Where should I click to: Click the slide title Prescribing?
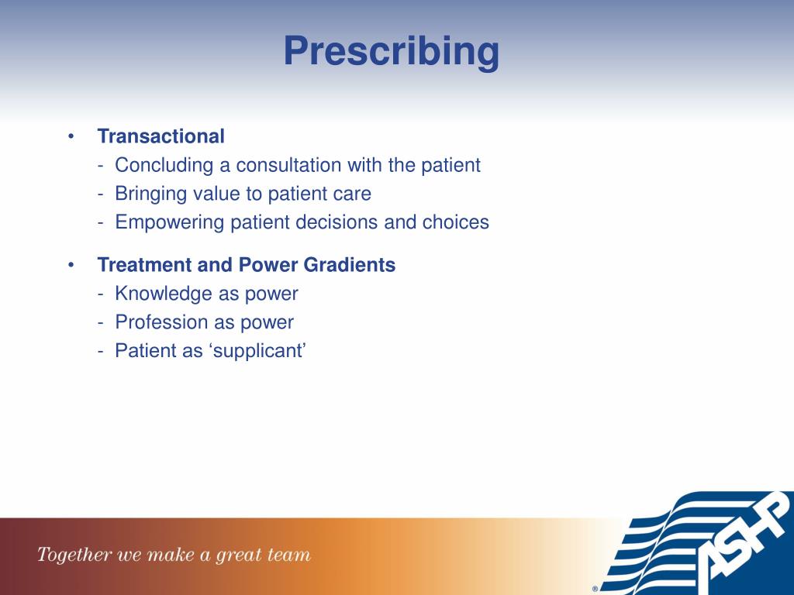coord(392,52)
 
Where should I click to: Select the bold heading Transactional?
coord(161,136)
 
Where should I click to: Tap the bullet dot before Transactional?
coord(71,136)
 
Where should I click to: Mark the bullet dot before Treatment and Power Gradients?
coord(71,265)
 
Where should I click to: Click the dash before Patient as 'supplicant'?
coord(101,351)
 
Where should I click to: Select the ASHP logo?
coord(696,543)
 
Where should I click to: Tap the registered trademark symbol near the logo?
coord(595,589)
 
